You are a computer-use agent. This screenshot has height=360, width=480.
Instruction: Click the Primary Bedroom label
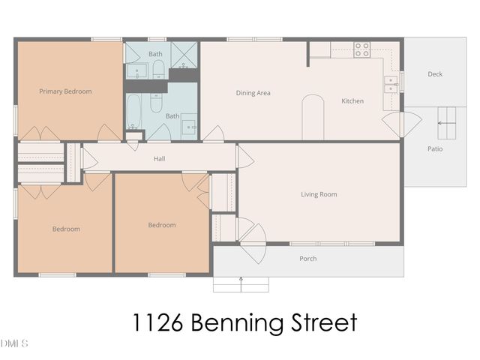[x=65, y=91]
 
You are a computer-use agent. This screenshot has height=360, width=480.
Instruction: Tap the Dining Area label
[x=253, y=93]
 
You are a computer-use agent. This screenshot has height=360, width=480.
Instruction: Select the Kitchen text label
[x=352, y=100]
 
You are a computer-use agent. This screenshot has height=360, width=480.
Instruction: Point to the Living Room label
[x=319, y=194]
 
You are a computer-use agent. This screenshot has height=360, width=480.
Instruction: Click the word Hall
[x=159, y=158]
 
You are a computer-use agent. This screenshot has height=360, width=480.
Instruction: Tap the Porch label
[x=307, y=259]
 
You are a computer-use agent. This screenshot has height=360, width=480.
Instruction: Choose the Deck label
[x=435, y=74]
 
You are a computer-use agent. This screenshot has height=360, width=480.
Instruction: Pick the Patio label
[x=435, y=148]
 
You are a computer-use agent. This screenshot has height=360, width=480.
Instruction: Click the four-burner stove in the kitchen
[x=362, y=49]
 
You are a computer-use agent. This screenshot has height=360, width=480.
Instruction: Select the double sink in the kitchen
[x=391, y=84]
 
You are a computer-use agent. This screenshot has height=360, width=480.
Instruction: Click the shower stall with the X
[x=184, y=54]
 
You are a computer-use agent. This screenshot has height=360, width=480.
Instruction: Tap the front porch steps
[x=241, y=284]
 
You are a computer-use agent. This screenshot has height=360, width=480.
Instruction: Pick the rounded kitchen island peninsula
[x=312, y=118]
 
